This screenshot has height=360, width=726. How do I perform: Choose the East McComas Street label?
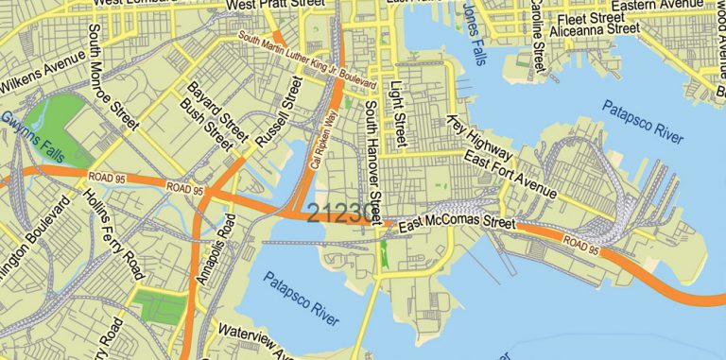click(x=457, y=224)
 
